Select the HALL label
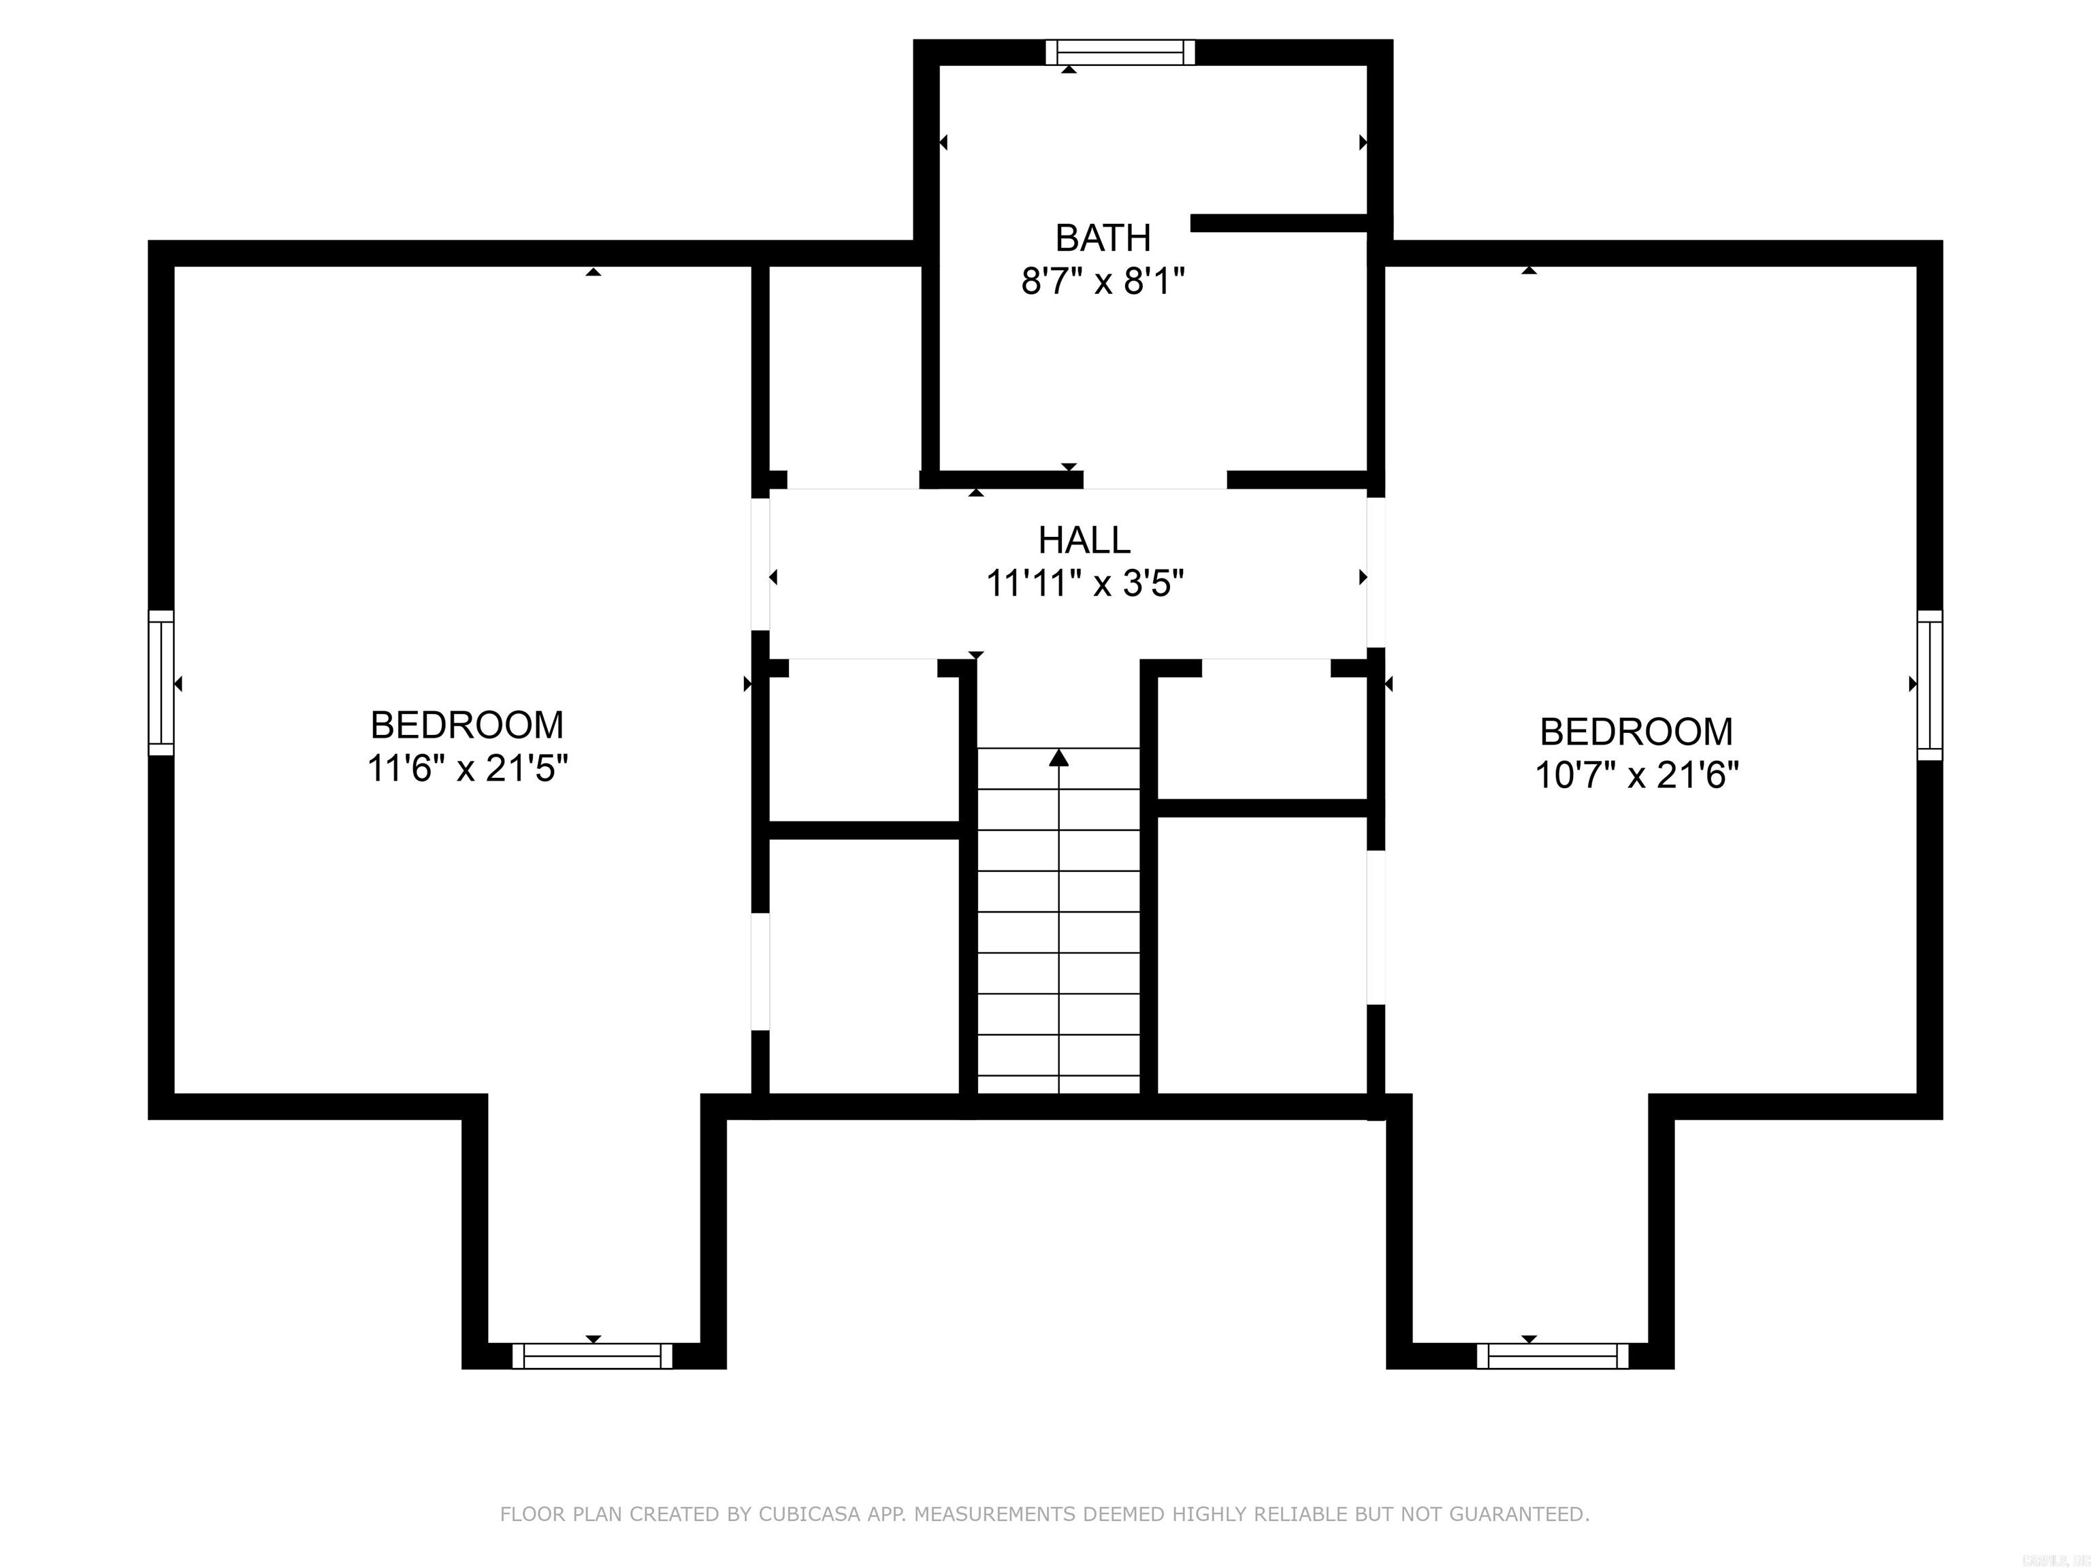[x=1084, y=540]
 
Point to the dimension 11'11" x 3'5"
[x=1084, y=584]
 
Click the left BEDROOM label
[x=467, y=725]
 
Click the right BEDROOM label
[x=1636, y=732]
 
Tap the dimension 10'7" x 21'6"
[x=1636, y=776]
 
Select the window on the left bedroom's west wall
[x=161, y=683]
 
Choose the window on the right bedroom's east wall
[x=1930, y=685]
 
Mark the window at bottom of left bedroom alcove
[x=593, y=1356]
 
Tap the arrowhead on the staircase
[x=1058, y=757]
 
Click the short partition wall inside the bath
[x=1279, y=223]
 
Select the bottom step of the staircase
[x=1058, y=1084]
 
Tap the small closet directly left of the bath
[x=844, y=369]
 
